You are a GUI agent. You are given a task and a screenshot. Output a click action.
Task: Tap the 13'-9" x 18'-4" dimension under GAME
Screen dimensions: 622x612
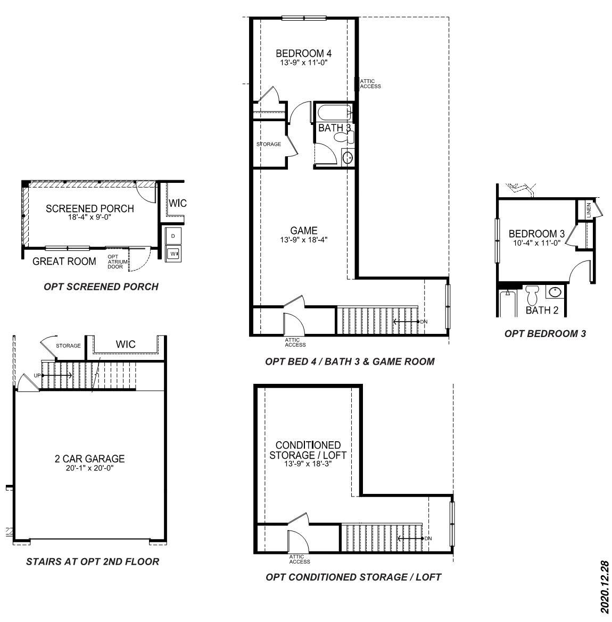303,239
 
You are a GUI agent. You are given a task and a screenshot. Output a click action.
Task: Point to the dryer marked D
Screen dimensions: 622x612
173,236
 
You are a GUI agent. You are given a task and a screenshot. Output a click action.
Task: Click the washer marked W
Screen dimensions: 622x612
173,254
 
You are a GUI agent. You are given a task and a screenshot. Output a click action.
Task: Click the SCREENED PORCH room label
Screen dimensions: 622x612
89,208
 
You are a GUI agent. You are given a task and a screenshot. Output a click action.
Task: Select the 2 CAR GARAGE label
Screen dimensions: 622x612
89,458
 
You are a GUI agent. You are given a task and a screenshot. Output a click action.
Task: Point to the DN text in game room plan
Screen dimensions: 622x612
424,322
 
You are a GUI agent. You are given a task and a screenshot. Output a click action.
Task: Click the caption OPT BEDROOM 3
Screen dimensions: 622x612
545,334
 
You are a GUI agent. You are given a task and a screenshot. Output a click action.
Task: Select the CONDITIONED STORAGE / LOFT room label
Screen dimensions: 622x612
308,450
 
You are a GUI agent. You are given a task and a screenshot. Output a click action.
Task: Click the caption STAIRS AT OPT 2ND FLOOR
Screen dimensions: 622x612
92,561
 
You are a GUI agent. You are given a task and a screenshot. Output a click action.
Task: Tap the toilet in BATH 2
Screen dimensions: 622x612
532,295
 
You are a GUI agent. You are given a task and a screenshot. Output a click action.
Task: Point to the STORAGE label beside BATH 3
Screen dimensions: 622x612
268,144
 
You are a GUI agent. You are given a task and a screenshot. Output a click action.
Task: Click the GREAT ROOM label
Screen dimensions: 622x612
64,261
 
